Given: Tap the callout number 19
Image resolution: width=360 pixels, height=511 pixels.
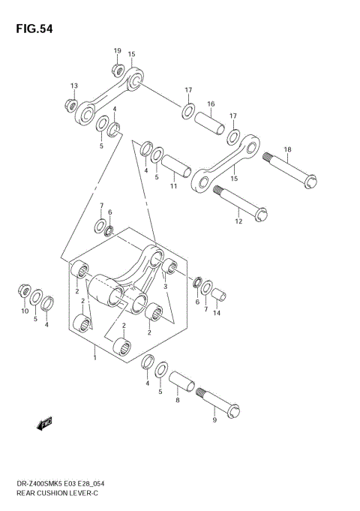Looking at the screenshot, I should pyautogui.click(x=118, y=51).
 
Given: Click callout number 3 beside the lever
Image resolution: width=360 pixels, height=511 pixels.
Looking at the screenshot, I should pyautogui.click(x=164, y=286).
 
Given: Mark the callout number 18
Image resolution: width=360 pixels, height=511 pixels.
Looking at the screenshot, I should pyautogui.click(x=288, y=149).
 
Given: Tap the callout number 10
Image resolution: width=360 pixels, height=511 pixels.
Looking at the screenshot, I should pyautogui.click(x=24, y=310).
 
